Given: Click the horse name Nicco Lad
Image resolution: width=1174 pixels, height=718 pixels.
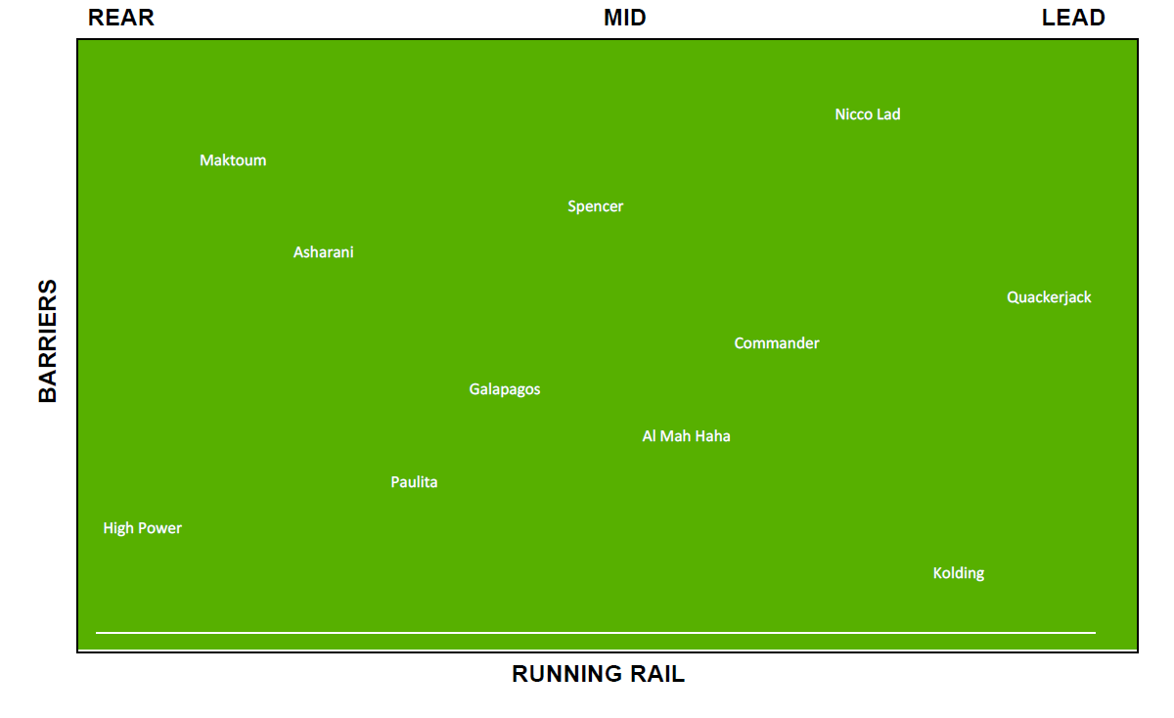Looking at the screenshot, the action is click(868, 114).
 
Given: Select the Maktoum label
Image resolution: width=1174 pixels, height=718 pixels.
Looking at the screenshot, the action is click(233, 159).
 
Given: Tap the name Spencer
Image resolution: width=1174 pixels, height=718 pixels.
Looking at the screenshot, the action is click(596, 206).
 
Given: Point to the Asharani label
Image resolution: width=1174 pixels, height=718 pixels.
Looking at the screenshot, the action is click(324, 252).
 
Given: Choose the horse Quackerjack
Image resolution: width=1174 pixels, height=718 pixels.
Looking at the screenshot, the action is click(1049, 297).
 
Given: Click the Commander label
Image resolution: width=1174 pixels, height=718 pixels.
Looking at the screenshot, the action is click(776, 343).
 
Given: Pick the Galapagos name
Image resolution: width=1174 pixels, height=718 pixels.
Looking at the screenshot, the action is click(505, 389).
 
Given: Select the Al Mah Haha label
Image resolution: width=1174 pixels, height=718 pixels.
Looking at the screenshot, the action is click(686, 436).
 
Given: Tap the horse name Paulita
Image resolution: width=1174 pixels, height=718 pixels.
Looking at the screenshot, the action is click(414, 482).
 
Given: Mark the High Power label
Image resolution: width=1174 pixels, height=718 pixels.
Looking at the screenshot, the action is click(143, 528).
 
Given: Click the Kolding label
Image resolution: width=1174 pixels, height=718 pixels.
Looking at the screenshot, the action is click(959, 573).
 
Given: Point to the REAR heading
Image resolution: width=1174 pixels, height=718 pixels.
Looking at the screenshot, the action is click(121, 18).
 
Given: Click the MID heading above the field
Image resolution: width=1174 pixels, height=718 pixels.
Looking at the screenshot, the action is click(625, 18).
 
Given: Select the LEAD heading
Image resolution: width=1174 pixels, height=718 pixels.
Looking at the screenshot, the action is click(1073, 18).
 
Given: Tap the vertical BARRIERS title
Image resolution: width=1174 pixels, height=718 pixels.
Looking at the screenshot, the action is click(48, 341).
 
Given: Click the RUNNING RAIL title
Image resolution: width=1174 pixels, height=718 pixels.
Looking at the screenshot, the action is click(598, 674).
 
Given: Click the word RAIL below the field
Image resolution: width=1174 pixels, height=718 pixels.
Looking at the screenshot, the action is click(657, 674).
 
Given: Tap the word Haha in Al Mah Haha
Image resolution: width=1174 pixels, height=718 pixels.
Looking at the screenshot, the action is click(713, 436).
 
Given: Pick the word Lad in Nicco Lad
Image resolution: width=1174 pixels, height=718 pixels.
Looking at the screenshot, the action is click(888, 114).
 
